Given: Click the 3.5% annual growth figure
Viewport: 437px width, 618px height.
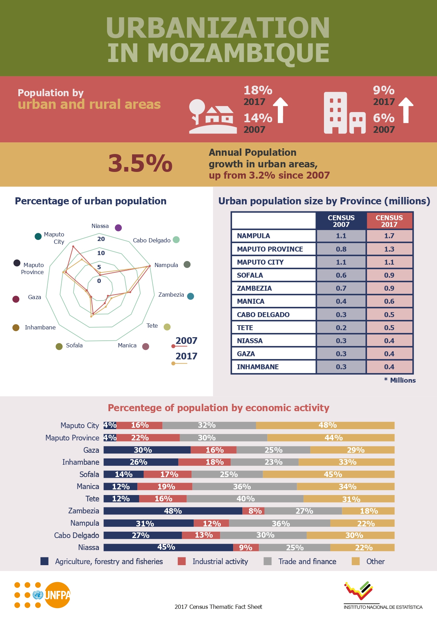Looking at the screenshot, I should (x=140, y=164).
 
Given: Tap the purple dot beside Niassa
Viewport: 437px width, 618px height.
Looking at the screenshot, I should (x=118, y=228).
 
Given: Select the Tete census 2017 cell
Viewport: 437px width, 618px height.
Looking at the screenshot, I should (x=389, y=328).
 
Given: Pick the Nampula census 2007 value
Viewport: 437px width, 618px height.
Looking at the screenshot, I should (x=341, y=236).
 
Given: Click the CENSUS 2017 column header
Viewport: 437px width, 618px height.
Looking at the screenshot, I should (x=389, y=221).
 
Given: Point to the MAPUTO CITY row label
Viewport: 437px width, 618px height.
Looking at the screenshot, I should (x=260, y=262).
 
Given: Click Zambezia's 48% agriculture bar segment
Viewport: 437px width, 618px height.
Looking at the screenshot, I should (x=173, y=511).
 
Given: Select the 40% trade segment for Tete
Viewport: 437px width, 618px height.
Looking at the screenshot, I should (x=245, y=499).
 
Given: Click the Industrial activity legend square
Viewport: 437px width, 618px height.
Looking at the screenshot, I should (x=182, y=561).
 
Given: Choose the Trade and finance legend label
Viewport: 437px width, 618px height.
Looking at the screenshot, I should (x=307, y=561).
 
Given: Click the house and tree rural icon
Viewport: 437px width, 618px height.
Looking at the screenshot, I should (x=212, y=116).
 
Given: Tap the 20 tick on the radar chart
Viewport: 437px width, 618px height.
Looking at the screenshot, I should (x=101, y=239).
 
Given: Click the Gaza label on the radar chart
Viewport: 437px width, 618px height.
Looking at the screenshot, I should (x=35, y=297).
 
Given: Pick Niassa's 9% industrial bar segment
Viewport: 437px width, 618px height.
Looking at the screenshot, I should (x=245, y=548).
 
